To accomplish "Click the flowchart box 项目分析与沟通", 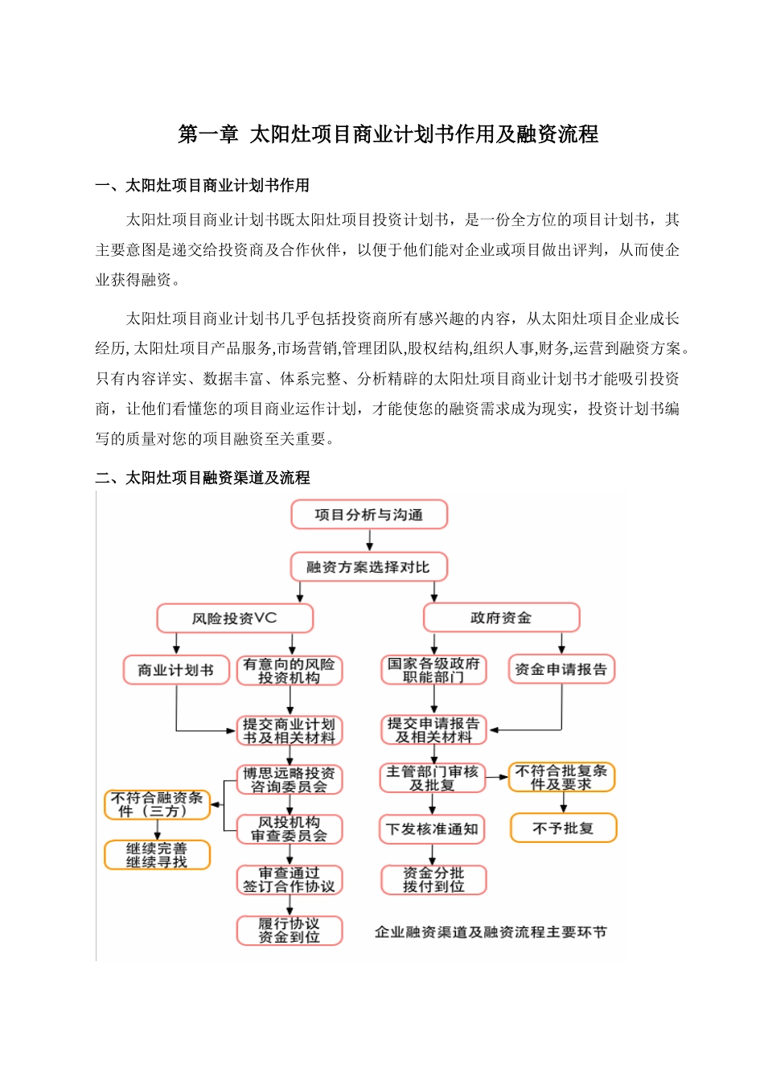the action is pyautogui.click(x=369, y=515).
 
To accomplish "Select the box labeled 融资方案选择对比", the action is pyautogui.click(x=369, y=567).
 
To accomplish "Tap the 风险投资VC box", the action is pyautogui.click(x=234, y=619).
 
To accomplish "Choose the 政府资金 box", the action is pyautogui.click(x=501, y=618).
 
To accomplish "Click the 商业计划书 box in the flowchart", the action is pyautogui.click(x=176, y=670).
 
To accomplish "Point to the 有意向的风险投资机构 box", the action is pyautogui.click(x=290, y=671).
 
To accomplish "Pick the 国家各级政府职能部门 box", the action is pyautogui.click(x=433, y=670).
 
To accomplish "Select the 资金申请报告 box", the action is pyautogui.click(x=561, y=669).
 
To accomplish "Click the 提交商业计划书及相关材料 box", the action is pyautogui.click(x=290, y=730).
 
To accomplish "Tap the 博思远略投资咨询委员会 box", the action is pyautogui.click(x=290, y=779).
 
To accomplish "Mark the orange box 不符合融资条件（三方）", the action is pyautogui.click(x=158, y=804).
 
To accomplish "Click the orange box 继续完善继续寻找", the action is pyautogui.click(x=158, y=855).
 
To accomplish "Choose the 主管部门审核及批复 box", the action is pyautogui.click(x=433, y=778).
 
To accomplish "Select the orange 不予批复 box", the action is pyautogui.click(x=563, y=828).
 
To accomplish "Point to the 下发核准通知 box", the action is pyautogui.click(x=433, y=829).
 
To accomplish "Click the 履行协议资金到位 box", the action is pyautogui.click(x=290, y=931).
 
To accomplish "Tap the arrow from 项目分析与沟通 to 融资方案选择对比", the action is pyautogui.click(x=369, y=540).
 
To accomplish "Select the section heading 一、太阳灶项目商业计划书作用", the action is pyautogui.click(x=203, y=186).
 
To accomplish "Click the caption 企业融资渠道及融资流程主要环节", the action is pyautogui.click(x=491, y=932).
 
